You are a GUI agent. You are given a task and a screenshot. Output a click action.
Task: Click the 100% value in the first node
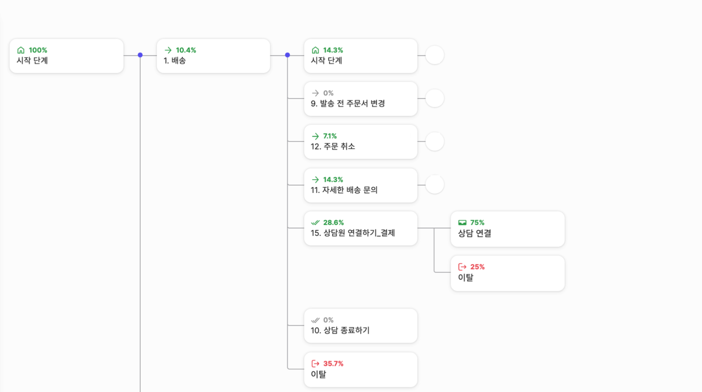point(38,50)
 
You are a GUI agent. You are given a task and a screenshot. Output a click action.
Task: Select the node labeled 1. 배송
point(213,56)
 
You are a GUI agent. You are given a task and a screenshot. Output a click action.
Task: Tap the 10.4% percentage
point(186,50)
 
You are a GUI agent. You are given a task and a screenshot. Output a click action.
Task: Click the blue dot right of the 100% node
point(140,55)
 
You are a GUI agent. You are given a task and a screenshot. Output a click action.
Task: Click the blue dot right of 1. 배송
point(287,55)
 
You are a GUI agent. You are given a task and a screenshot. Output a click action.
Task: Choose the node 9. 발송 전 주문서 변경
point(360,99)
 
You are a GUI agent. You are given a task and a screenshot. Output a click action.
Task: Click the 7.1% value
point(330,136)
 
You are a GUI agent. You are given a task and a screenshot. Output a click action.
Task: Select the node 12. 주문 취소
point(360,142)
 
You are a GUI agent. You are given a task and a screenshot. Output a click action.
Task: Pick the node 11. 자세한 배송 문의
point(360,186)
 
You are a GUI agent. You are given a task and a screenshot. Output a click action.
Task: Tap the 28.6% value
point(333,222)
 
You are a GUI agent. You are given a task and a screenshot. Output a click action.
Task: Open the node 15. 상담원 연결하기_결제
point(360,229)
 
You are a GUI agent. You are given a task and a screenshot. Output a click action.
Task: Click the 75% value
point(477,222)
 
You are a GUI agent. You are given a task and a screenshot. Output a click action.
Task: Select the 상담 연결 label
point(475,233)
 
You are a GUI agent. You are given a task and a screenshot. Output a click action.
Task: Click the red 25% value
point(477,267)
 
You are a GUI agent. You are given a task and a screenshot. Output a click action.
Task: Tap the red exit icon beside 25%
point(462,267)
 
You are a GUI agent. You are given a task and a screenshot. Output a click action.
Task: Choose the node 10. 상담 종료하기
point(360,326)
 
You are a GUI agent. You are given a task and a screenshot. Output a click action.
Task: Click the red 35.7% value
point(333,364)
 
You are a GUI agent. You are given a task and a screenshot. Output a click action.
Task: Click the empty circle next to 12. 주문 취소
point(435,142)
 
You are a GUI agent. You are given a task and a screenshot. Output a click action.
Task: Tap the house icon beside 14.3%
point(315,50)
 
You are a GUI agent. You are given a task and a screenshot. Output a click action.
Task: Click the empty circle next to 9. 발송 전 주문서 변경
point(435,99)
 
